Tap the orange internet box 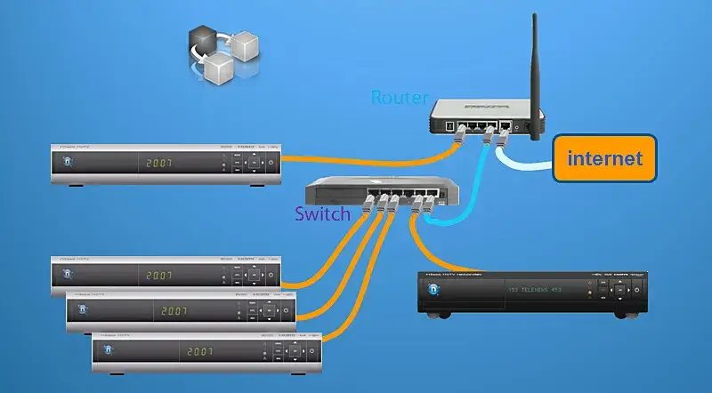click(604, 161)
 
